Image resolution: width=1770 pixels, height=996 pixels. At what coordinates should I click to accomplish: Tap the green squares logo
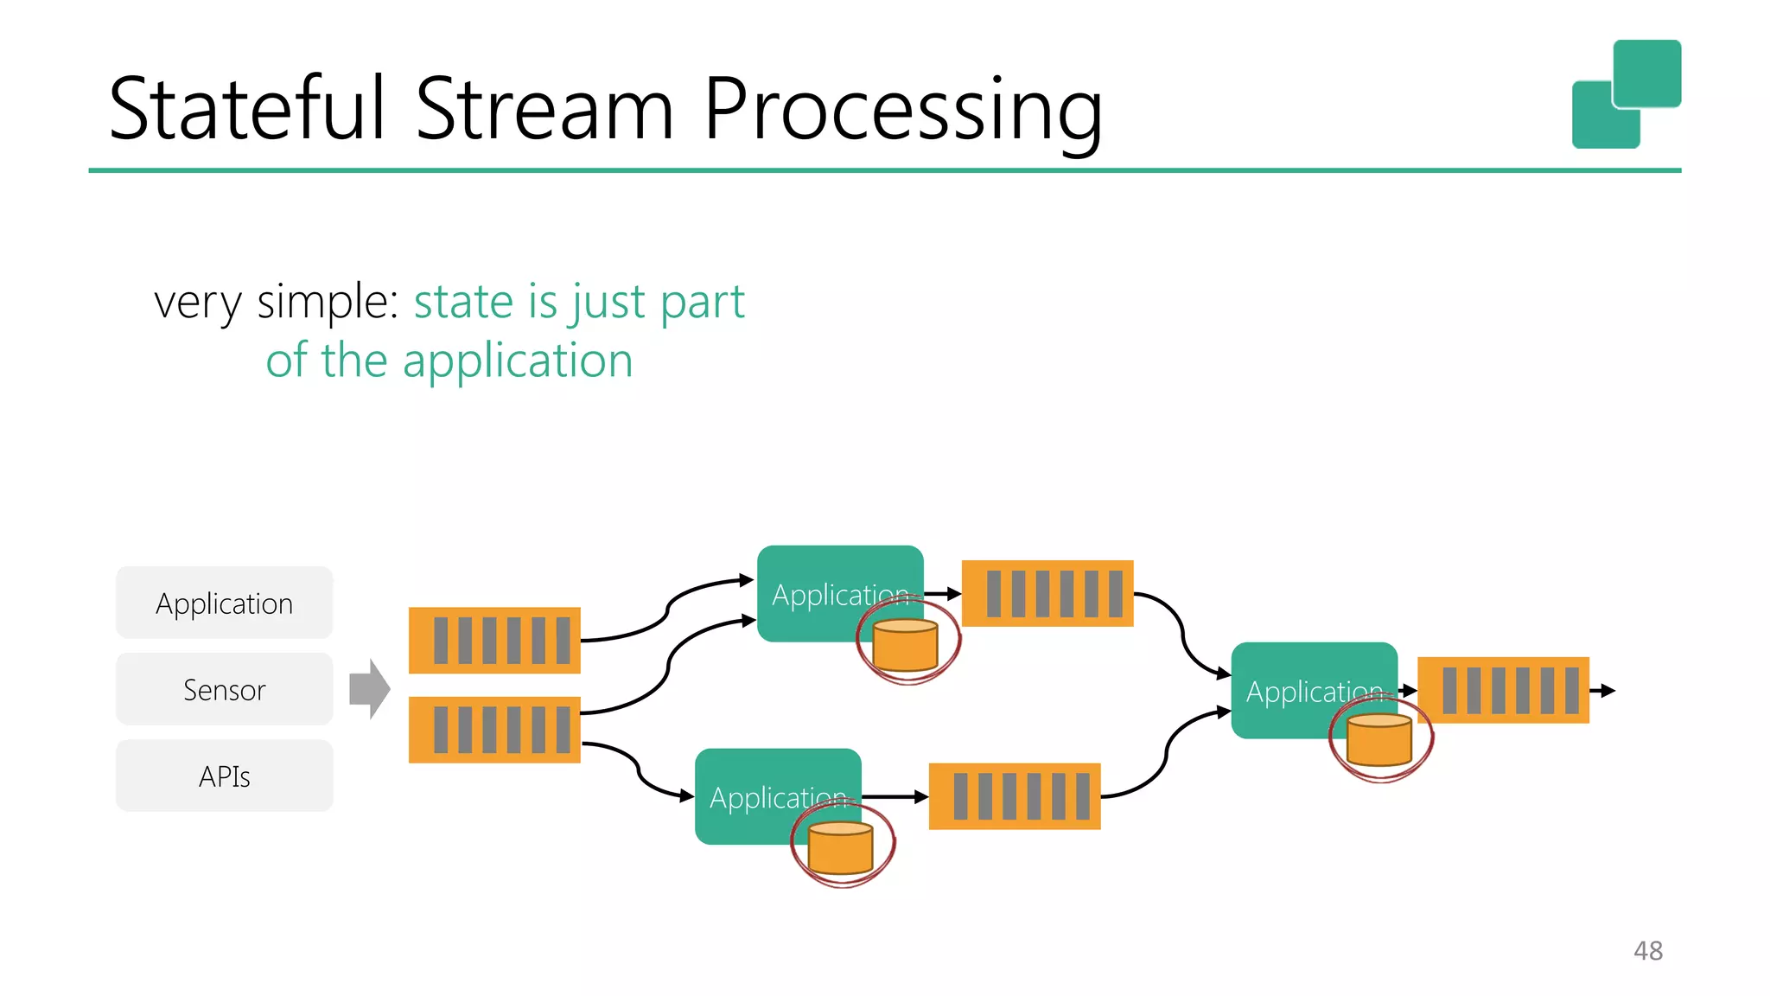point(1627,94)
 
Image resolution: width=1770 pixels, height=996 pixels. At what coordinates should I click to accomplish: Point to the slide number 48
point(1648,951)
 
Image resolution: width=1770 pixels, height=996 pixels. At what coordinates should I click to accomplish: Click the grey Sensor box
point(225,689)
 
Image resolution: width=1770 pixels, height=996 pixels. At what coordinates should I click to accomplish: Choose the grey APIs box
point(225,776)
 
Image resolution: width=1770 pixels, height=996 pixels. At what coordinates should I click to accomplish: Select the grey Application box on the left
point(225,603)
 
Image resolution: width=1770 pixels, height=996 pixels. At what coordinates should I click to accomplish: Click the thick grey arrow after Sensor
point(370,689)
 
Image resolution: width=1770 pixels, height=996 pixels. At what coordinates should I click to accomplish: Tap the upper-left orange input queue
point(494,640)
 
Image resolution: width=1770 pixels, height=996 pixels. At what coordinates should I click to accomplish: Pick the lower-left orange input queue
point(494,730)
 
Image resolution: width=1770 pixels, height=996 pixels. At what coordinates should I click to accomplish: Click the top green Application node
point(840,594)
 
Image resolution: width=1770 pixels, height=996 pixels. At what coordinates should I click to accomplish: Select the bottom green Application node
point(778,796)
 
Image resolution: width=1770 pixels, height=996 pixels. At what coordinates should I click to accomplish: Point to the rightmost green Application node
point(1314,690)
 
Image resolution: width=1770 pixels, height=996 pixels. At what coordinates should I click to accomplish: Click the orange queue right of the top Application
point(1047,593)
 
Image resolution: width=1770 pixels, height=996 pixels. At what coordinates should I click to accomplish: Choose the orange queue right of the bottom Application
point(1015,796)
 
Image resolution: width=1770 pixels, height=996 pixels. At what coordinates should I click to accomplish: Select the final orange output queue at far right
point(1504,690)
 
